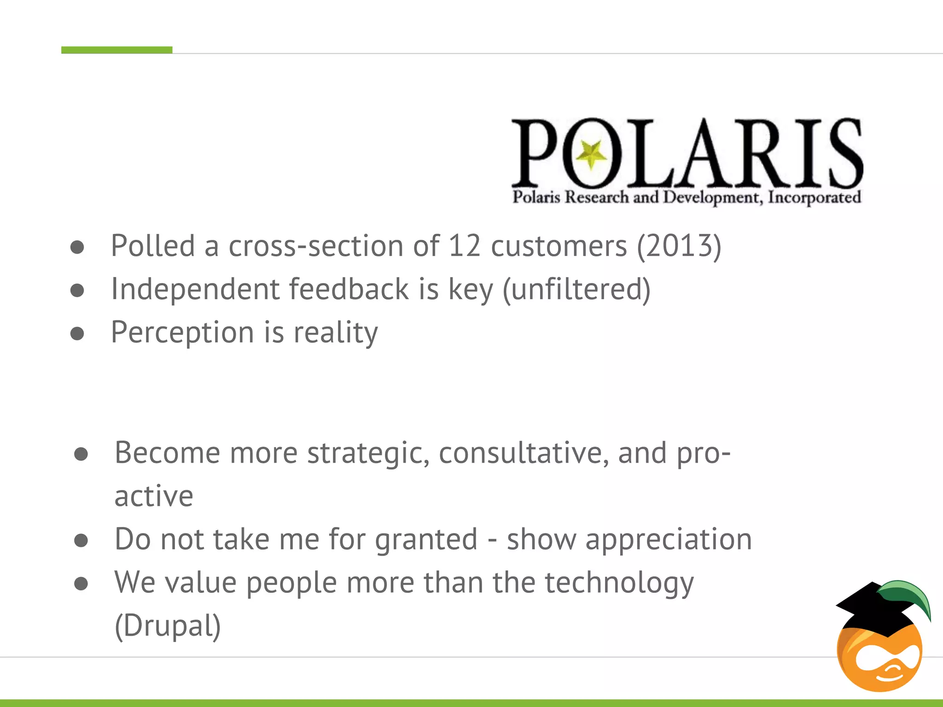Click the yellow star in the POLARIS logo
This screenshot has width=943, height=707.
(591, 154)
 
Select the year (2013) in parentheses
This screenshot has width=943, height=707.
(679, 246)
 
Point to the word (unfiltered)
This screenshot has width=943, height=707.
(576, 290)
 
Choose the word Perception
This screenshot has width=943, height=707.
(182, 333)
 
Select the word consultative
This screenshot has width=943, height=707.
(524, 453)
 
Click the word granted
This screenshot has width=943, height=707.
(426, 539)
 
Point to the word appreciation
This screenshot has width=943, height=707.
(668, 539)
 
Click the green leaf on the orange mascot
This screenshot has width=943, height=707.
(909, 596)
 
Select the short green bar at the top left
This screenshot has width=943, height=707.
(117, 50)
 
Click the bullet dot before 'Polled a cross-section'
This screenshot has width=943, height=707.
(77, 247)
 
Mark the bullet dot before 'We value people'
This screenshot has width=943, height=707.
(81, 584)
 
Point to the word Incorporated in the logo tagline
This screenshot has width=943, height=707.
(814, 197)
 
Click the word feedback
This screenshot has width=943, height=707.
(349, 290)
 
